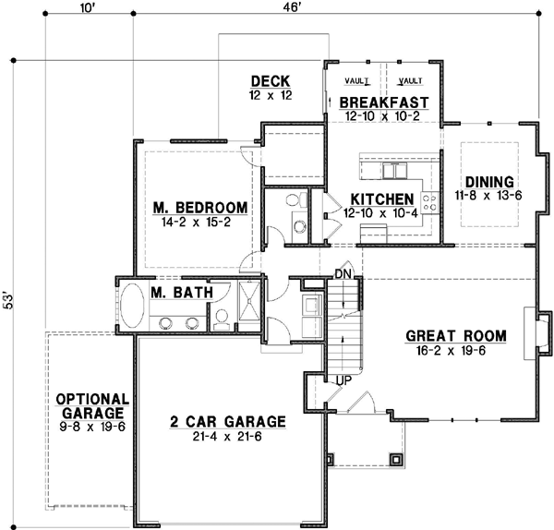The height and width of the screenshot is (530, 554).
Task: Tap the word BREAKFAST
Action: (x=384, y=102)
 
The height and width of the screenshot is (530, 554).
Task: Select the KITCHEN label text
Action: (x=380, y=199)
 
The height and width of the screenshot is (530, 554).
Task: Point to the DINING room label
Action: (x=488, y=181)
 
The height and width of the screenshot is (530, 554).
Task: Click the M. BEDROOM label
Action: (x=199, y=207)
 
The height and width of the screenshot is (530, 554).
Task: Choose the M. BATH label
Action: (x=182, y=293)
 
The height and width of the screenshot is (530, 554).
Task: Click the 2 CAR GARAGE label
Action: (x=227, y=421)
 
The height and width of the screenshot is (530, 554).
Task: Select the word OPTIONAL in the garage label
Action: (x=90, y=399)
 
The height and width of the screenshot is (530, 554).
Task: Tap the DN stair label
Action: (x=342, y=274)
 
